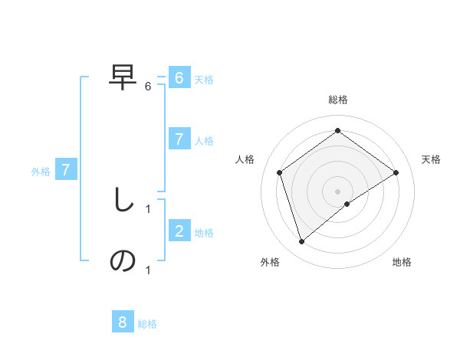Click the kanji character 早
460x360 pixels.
click(123, 77)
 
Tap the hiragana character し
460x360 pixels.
click(123, 201)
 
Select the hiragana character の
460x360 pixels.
click(123, 261)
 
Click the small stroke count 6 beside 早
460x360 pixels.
click(148, 87)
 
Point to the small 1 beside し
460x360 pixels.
click(148, 208)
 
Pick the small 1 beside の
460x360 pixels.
click(148, 270)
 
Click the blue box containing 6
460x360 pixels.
click(179, 78)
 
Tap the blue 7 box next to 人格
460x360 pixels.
click(179, 139)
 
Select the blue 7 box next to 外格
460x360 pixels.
click(66, 170)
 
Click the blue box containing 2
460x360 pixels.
click(179, 231)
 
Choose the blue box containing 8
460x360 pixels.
click(123, 322)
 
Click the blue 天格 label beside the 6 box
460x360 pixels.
click(204, 80)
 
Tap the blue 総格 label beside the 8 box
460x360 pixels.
click(147, 324)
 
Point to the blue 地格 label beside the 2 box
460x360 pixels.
click(204, 233)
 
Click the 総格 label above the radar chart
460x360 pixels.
click(338, 100)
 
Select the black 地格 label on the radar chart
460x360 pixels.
click(402, 263)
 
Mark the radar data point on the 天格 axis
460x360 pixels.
click(396, 172)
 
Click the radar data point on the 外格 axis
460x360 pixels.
click(302, 242)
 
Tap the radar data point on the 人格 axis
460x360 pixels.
click(280, 172)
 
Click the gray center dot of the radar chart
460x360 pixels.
click(338, 191)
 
